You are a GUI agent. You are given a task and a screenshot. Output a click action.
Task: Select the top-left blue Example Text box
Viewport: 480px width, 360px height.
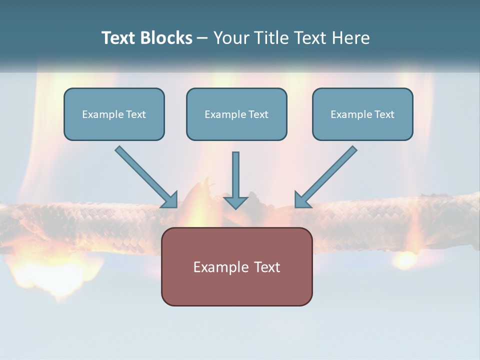pos(114,114)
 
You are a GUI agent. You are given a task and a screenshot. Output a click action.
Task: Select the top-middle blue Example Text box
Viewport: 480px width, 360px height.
pos(236,114)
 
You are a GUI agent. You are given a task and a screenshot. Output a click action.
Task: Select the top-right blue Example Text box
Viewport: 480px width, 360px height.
pos(362,114)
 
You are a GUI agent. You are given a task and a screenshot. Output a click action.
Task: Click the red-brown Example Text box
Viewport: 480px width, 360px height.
pos(236,266)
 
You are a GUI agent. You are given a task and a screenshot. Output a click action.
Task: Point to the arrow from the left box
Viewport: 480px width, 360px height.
pos(145,176)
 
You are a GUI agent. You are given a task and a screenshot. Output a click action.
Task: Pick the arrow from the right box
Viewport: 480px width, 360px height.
pos(327,176)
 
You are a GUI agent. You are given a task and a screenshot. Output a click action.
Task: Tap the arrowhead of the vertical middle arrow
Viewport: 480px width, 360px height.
pos(235,202)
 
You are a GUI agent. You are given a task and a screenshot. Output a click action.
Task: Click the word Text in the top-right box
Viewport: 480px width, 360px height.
pos(384,114)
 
